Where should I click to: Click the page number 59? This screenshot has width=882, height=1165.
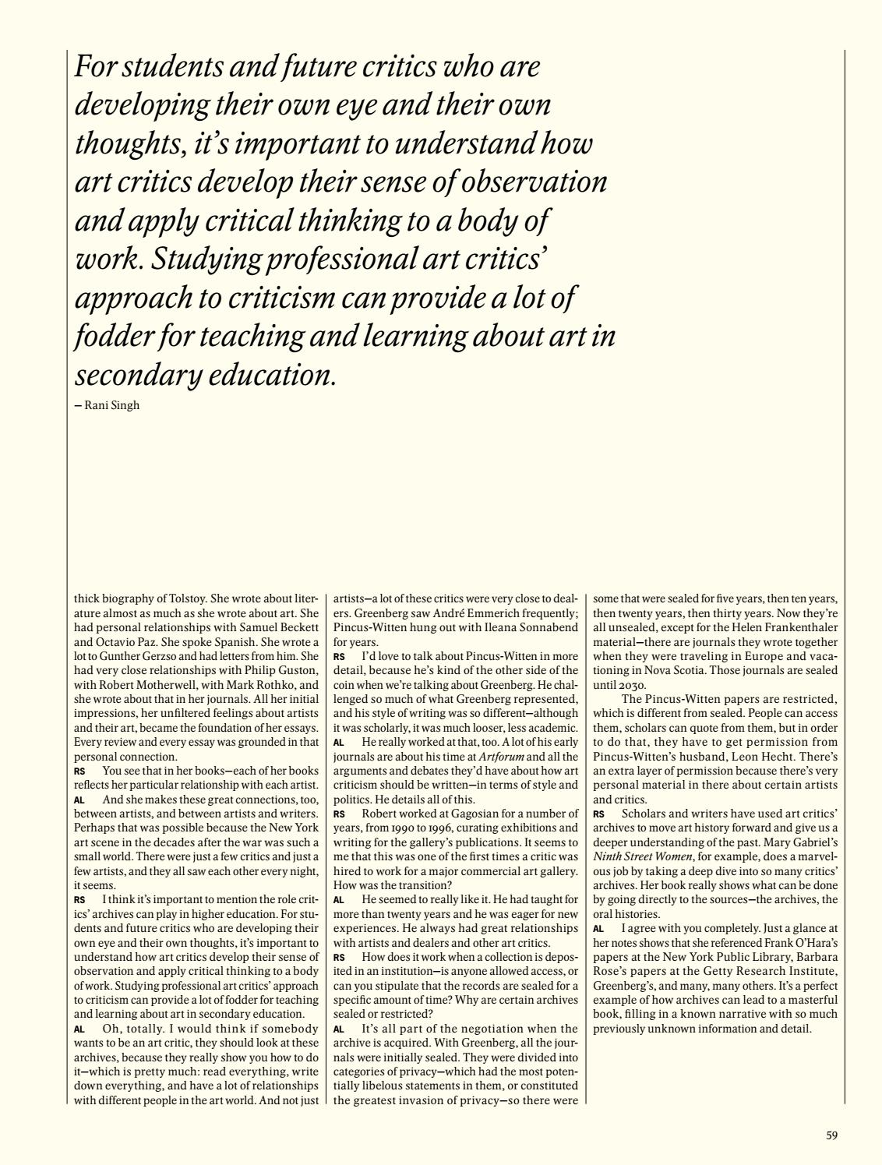point(831,1136)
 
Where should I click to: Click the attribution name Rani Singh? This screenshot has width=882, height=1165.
point(112,405)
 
